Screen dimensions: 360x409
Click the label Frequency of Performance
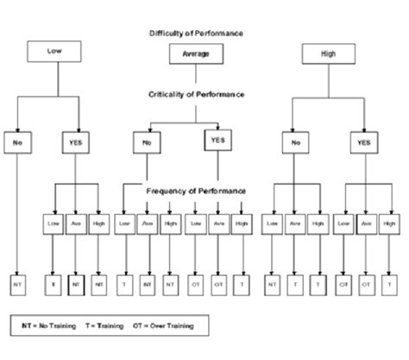point(196,190)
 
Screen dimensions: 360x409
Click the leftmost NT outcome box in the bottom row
point(17,282)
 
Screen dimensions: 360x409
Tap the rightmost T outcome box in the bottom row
point(393,282)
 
